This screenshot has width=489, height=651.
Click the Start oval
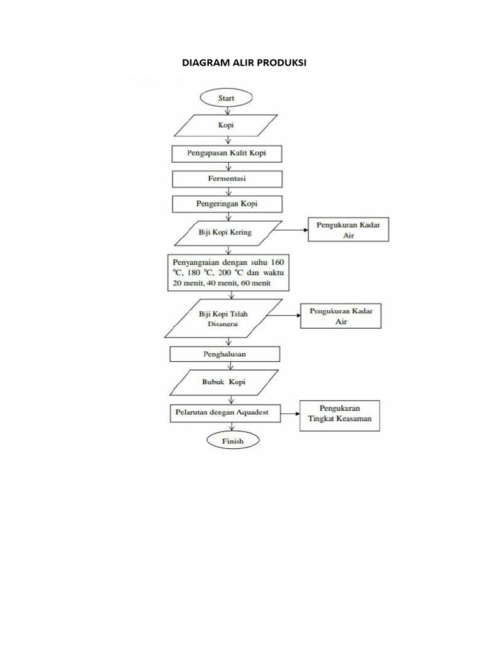point(226,98)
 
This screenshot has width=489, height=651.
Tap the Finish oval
point(227,440)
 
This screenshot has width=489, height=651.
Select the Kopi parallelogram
point(226,125)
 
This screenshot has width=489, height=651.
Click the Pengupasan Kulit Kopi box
point(226,153)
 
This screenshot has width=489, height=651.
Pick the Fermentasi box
point(226,179)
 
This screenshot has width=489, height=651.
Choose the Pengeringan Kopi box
point(226,204)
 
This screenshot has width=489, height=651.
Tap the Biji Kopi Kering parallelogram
point(226,232)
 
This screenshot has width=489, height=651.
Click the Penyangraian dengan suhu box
point(227,272)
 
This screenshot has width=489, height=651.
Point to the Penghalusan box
point(225,354)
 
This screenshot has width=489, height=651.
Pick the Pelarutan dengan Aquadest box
point(227,412)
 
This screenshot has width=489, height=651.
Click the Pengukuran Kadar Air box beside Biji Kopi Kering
point(348,230)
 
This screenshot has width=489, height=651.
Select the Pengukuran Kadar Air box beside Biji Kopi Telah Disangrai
point(341,316)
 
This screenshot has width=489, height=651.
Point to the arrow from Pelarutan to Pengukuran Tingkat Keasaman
point(291,413)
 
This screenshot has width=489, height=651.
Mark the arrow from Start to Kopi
point(227,110)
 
